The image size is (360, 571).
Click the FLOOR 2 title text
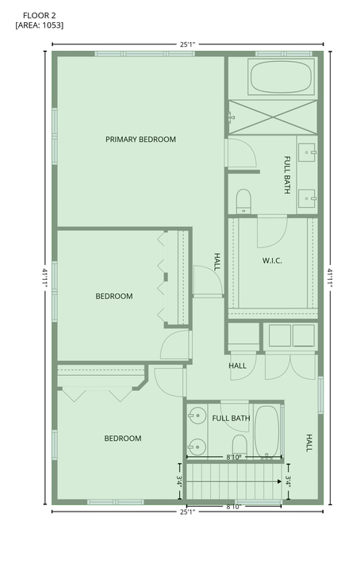point(39,15)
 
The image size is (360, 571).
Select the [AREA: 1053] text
point(39,25)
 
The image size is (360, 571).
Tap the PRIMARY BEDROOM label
point(140,140)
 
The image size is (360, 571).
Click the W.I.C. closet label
point(272,261)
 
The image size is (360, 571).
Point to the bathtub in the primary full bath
point(281,78)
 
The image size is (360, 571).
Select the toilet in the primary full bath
point(243,200)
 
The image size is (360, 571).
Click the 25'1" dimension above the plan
point(187,44)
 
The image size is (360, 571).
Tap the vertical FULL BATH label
point(287,174)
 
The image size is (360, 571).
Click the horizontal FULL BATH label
point(231,418)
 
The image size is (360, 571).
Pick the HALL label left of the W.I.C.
point(216,262)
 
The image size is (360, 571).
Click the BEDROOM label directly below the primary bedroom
point(114,297)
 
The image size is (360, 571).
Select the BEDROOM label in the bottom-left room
point(123,439)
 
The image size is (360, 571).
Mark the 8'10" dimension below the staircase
point(234,507)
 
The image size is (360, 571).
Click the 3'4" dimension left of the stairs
point(179,481)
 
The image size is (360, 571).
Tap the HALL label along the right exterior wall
point(310,443)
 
